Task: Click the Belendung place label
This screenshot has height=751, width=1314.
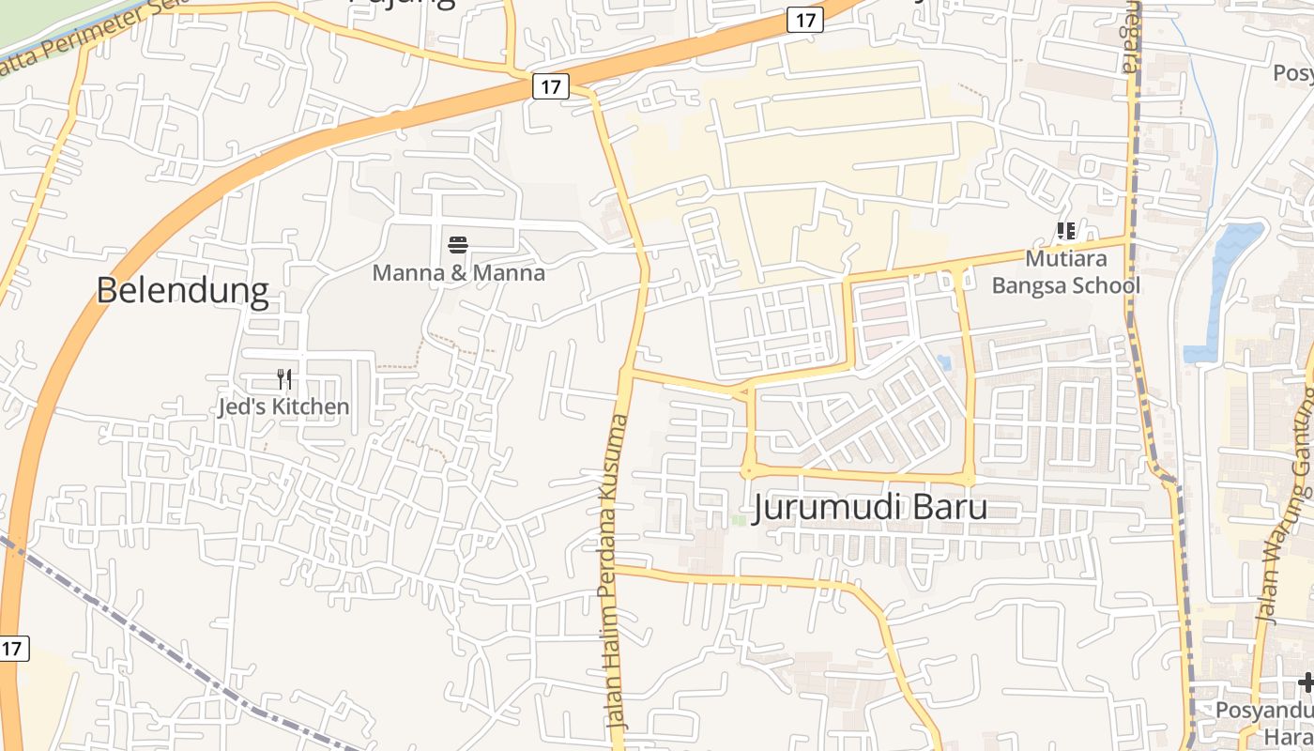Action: pyautogui.click(x=182, y=291)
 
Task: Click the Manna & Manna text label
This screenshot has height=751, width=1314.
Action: pyautogui.click(x=458, y=273)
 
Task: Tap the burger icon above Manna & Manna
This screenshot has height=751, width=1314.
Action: pyautogui.click(x=458, y=246)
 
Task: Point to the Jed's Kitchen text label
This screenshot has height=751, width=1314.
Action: pyautogui.click(x=283, y=406)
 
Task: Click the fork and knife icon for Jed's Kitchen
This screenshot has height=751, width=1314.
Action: pyautogui.click(x=284, y=379)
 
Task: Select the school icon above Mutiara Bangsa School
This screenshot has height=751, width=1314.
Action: pyautogui.click(x=1065, y=231)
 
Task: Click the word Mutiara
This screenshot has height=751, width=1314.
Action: pyautogui.click(x=1066, y=259)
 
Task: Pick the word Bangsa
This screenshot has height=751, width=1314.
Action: pyautogui.click(x=1028, y=285)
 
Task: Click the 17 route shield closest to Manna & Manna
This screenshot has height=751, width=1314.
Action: pyautogui.click(x=551, y=86)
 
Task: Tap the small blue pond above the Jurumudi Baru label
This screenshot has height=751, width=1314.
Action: pyautogui.click(x=944, y=362)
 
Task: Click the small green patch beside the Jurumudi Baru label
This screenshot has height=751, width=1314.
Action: pyautogui.click(x=739, y=519)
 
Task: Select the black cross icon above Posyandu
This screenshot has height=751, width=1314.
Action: pyautogui.click(x=1306, y=682)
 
